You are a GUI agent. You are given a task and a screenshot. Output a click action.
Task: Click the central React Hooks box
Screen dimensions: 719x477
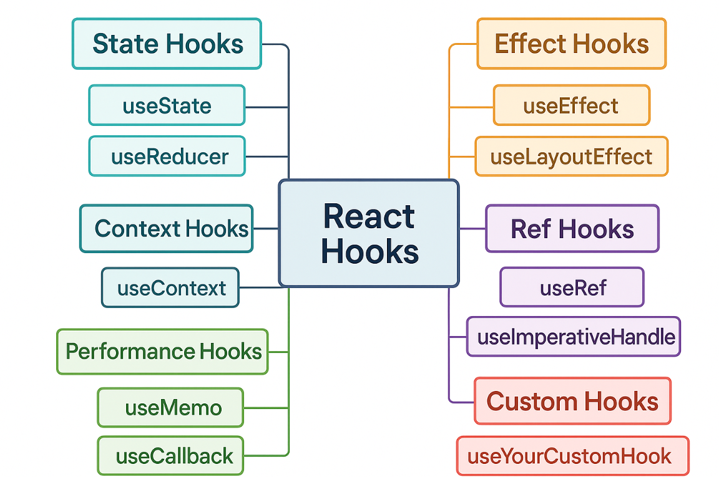pos(369,233)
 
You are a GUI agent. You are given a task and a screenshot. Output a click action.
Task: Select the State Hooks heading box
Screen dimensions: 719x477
pos(167,44)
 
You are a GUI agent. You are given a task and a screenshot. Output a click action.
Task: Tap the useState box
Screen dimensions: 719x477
pos(167,105)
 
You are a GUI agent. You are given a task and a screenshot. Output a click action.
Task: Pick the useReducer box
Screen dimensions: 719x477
pos(167,157)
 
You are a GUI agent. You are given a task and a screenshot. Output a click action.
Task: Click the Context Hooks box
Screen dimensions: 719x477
pos(167,229)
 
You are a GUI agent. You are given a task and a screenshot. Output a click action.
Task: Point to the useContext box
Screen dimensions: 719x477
pos(170,287)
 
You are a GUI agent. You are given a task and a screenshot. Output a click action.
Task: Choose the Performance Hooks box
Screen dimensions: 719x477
pos(162,352)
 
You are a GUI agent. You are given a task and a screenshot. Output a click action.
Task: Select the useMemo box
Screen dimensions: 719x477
pos(170,407)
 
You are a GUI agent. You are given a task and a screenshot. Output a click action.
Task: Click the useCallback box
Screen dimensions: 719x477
pos(170,455)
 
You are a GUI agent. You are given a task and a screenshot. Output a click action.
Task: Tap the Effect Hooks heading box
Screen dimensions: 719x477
pos(571,44)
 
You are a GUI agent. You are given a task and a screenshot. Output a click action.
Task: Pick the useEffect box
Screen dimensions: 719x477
pos(571,105)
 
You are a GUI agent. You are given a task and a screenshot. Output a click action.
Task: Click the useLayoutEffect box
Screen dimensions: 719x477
pos(571,157)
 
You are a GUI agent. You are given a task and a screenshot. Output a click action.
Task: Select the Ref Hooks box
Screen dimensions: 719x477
pos(572,229)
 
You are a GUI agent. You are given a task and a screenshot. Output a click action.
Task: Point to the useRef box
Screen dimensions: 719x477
pos(572,287)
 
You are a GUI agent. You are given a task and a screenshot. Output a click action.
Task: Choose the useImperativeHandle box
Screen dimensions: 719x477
pos(574,336)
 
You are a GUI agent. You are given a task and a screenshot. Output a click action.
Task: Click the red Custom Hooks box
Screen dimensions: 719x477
pos(573,401)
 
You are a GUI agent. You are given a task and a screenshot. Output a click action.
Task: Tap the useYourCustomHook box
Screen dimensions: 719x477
pos(573,456)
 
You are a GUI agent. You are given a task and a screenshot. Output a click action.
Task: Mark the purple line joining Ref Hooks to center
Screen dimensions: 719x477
pos(472,228)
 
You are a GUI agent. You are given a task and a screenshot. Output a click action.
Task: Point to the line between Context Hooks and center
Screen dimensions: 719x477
pos(266,228)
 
